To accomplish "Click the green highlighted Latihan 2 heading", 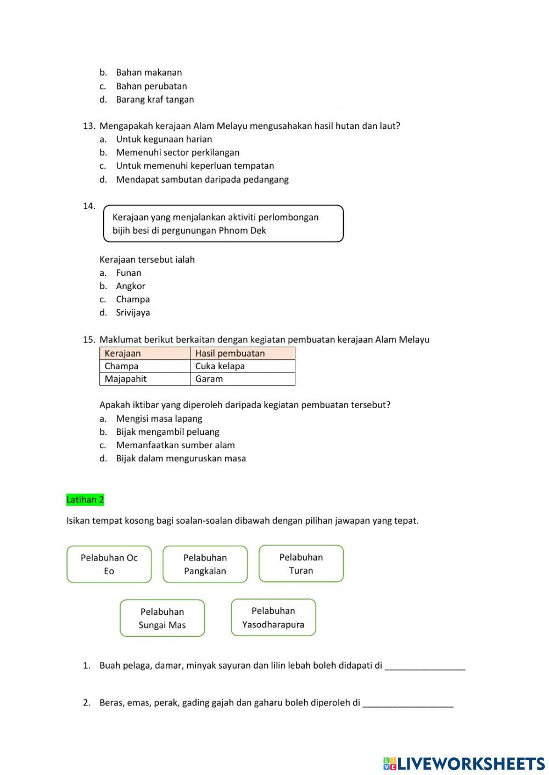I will tap(85, 500).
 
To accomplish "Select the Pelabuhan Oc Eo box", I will tap(109, 564).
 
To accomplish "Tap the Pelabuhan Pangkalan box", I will tap(205, 564).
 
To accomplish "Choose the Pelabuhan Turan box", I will tap(301, 563).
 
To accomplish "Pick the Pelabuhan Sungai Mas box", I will tap(162, 618).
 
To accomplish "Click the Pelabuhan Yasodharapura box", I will tap(273, 618).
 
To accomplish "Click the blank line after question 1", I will tap(424, 666).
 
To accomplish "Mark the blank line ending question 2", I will tap(408, 703).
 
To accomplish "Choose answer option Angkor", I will tap(131, 286).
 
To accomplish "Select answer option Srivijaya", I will tap(133, 313).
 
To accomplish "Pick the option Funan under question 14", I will tap(128, 273).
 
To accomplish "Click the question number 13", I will tap(89, 126).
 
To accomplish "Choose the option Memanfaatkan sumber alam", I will tap(175, 445).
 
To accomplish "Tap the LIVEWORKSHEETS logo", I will tap(463, 763).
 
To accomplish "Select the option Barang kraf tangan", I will tap(155, 99).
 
